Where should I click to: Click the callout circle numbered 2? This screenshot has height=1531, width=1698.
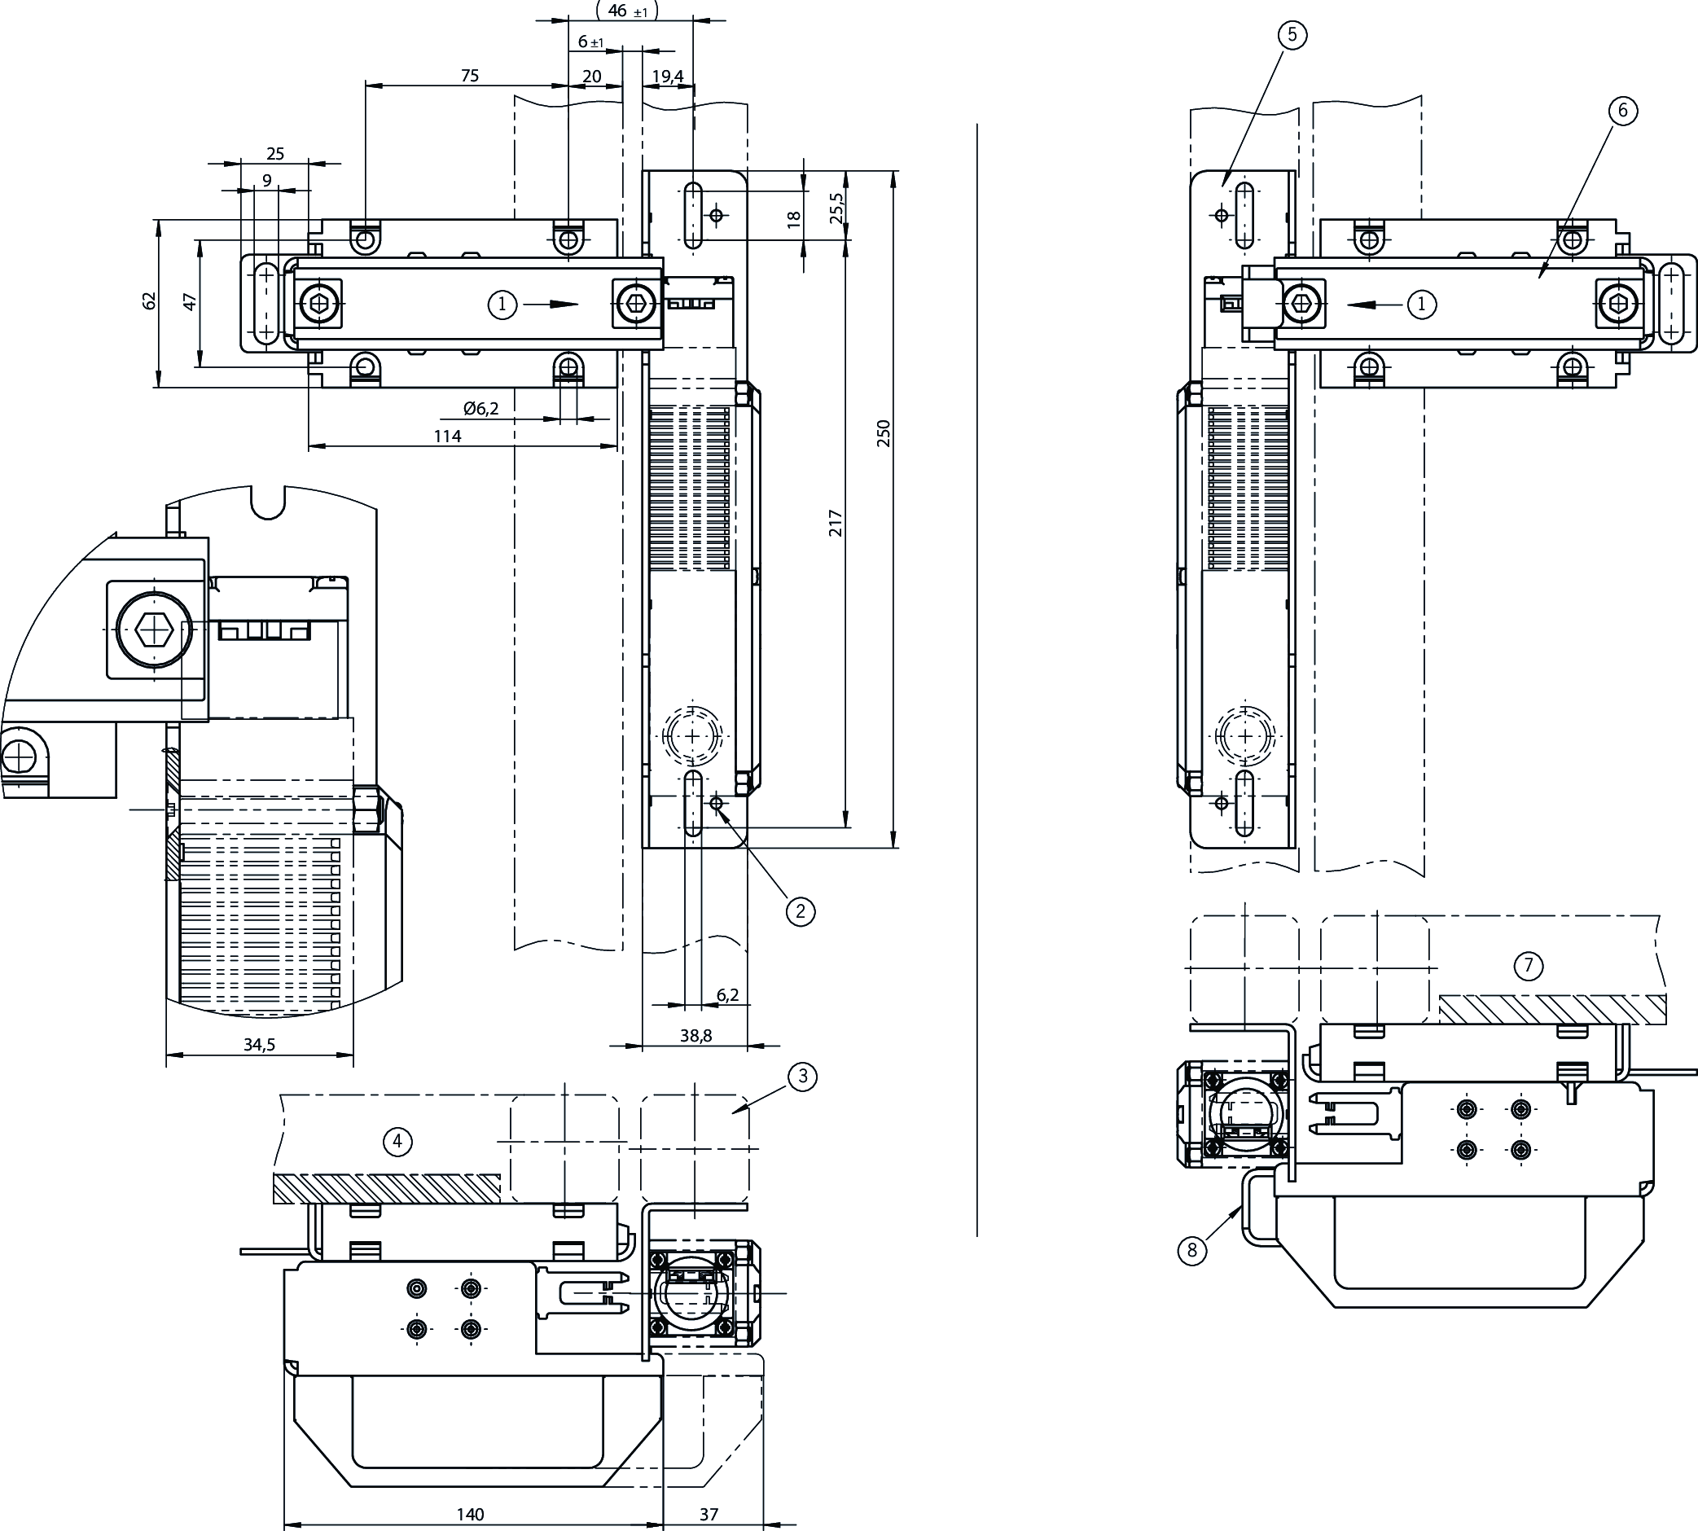tap(800, 911)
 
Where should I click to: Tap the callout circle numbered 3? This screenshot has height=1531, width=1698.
tap(802, 1076)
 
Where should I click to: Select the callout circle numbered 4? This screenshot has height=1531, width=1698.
tap(397, 1142)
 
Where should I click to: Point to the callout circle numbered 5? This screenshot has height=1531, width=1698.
tap(1292, 34)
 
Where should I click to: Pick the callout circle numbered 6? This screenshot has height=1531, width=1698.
tap(1622, 110)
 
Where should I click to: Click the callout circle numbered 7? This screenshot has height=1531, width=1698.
tap(1528, 966)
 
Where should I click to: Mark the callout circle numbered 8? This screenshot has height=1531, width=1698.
tap(1191, 1251)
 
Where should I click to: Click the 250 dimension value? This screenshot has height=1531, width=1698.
tap(883, 433)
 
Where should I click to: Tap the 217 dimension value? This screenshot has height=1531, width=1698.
tap(835, 522)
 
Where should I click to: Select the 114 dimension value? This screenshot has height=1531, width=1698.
tap(447, 436)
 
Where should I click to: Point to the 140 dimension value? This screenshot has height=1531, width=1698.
tap(470, 1514)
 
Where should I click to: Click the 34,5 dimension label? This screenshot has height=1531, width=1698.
tap(259, 1045)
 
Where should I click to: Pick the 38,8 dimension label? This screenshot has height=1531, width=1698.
tap(695, 1036)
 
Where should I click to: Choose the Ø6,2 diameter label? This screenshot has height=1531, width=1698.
tap(481, 409)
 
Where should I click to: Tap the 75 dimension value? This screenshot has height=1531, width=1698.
tap(469, 76)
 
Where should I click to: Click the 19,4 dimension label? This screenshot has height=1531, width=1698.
tap(668, 77)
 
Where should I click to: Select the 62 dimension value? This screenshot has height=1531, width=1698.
tap(150, 300)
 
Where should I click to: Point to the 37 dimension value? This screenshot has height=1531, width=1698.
tap(709, 1514)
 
